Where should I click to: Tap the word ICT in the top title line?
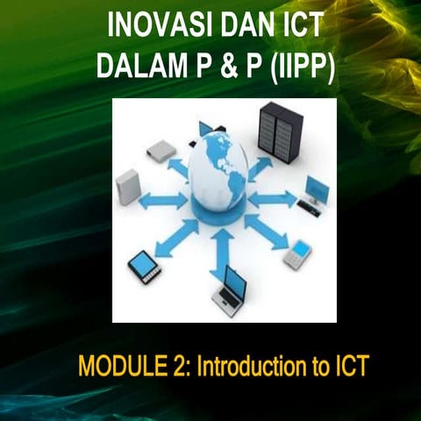[294, 25]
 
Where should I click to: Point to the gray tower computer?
[128, 186]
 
